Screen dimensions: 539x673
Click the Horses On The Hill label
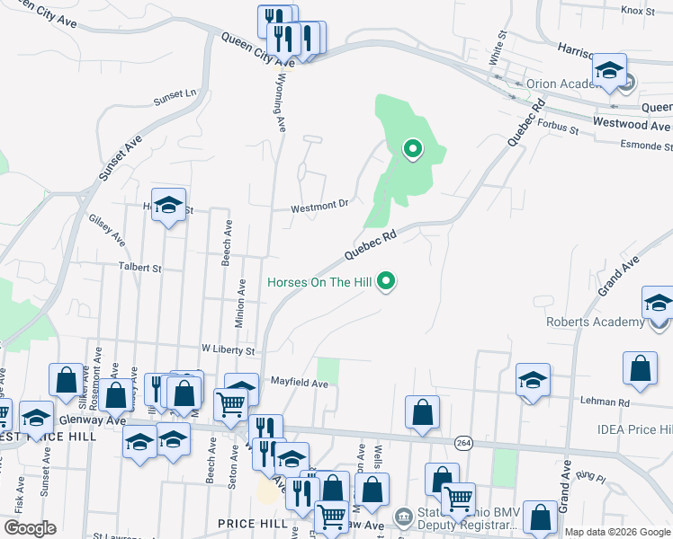coord(319,283)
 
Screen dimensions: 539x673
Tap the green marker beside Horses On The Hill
coord(387,283)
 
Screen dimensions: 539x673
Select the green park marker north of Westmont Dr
coord(413,149)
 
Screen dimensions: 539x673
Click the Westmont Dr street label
coord(319,206)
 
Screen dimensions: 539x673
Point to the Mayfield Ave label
coord(301,383)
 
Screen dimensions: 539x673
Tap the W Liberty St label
coord(228,349)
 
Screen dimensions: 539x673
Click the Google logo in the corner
coord(29,528)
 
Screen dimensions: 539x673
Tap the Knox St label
coord(635,11)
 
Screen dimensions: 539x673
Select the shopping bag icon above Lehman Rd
coord(639,366)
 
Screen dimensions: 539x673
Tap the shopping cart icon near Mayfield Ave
coord(231,405)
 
